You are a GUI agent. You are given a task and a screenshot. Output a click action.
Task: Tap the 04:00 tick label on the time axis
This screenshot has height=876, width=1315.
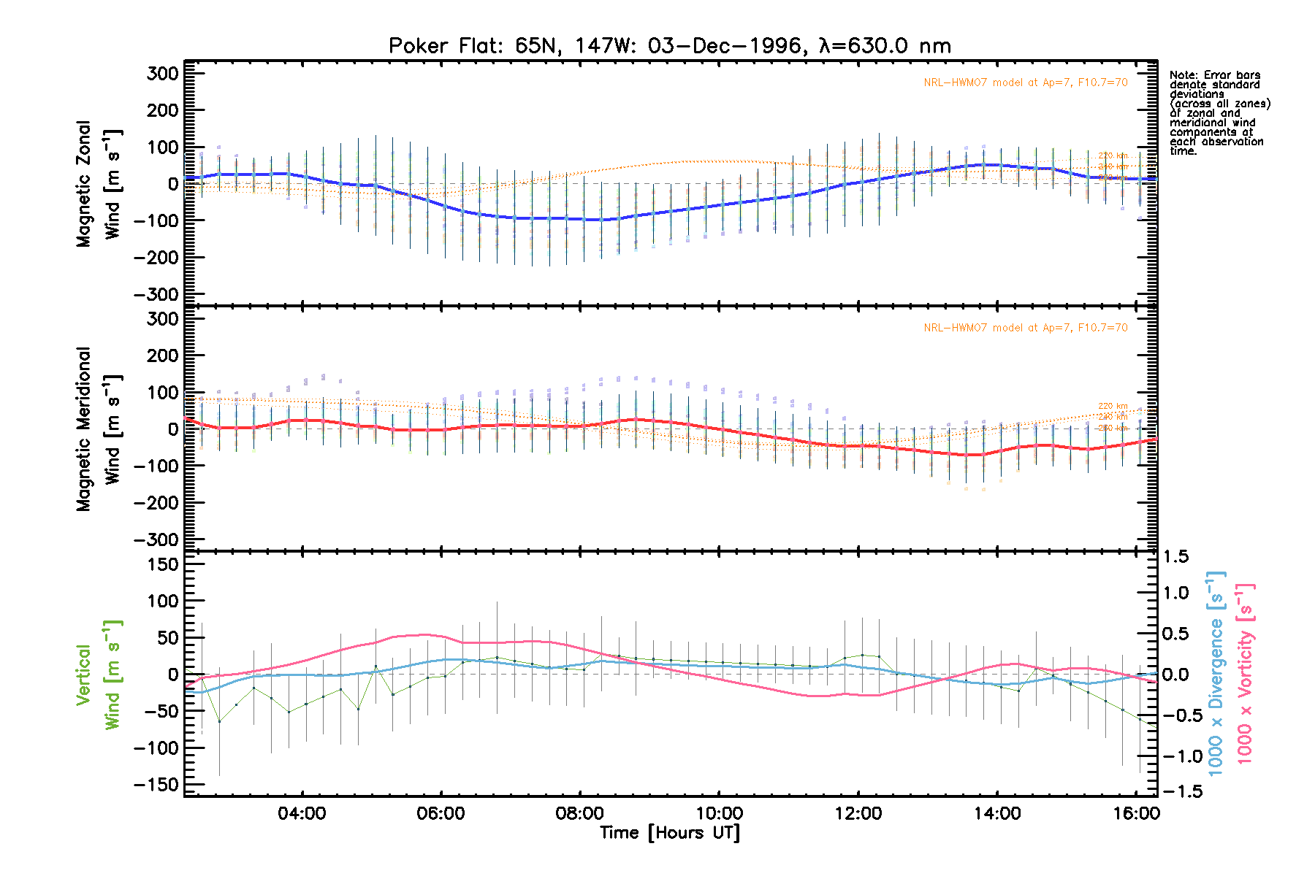301,813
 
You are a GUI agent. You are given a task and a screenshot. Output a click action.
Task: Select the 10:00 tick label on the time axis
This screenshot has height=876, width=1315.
719,813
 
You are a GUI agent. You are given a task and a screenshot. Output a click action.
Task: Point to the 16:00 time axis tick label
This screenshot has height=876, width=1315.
1136,813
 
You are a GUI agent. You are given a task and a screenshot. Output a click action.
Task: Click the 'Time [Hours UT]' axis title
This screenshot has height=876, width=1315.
670,833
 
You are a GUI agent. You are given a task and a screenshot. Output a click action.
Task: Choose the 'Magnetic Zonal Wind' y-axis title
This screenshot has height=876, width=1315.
99,184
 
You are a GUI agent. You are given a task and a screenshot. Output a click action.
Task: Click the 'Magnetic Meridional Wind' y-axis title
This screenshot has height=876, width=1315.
99,429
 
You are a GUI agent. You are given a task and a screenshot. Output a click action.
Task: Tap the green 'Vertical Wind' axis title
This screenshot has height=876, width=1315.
99,675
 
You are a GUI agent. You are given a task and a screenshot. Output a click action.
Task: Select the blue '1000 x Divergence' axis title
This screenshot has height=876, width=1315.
1216,673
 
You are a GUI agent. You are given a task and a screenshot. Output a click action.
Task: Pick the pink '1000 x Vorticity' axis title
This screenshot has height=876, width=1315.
1245,673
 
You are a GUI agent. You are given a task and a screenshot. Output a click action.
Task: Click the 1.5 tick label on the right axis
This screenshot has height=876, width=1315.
1175,557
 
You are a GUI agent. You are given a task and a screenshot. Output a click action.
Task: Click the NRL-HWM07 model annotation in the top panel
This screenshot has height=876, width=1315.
1025,82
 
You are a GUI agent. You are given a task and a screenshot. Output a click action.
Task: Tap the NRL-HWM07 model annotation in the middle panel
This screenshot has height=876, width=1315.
1025,328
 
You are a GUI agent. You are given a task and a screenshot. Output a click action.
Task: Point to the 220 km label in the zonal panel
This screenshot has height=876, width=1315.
1113,155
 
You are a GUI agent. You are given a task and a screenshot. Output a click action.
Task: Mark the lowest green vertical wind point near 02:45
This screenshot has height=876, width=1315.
219,721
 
